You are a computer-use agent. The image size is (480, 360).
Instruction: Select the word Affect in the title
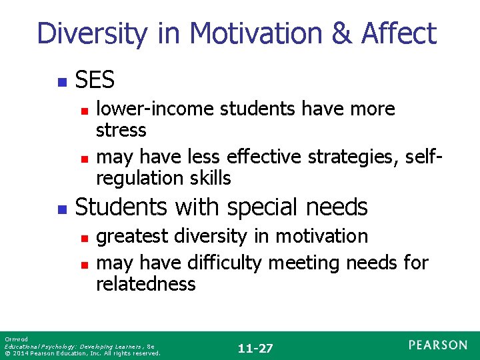coord(399,33)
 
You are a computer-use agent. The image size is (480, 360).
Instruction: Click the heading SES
coord(95,81)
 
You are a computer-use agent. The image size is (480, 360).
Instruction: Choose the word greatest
coord(133,236)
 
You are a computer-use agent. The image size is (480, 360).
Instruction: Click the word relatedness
coord(145,284)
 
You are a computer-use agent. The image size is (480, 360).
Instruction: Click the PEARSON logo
coord(438,345)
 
